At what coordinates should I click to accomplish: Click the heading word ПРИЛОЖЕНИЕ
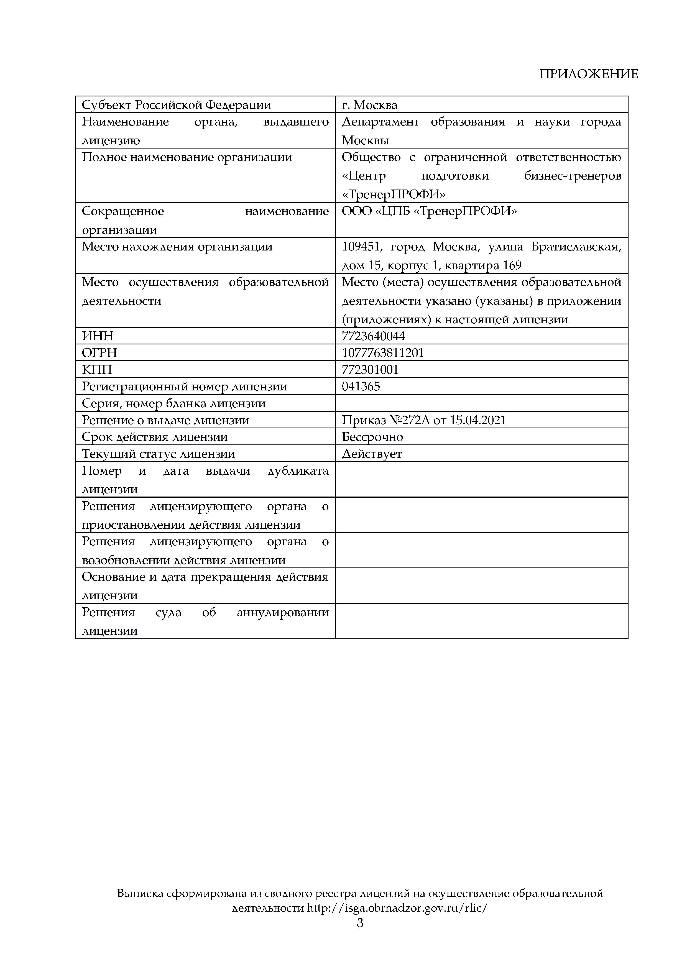click(x=588, y=74)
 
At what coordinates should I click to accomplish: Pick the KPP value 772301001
click(x=370, y=370)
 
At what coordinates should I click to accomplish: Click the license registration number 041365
click(x=361, y=387)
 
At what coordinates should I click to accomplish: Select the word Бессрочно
click(x=372, y=437)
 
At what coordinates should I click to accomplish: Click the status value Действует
click(x=372, y=454)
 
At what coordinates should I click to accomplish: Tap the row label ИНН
click(x=98, y=336)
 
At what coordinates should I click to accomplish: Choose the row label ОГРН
click(x=99, y=353)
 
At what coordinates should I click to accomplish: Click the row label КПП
click(x=97, y=370)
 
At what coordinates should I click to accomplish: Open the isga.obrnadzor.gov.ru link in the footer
click(x=397, y=908)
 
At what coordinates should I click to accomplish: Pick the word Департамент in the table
click(x=380, y=122)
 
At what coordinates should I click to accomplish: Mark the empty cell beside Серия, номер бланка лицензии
click(x=481, y=403)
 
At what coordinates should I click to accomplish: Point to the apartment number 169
click(x=512, y=265)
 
